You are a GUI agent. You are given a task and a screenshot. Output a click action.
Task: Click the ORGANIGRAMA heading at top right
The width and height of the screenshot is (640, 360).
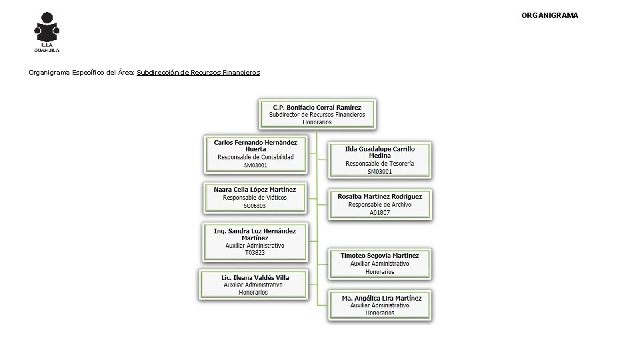(x=550, y=15)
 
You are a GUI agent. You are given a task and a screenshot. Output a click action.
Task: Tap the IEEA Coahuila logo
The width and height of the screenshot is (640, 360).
(x=47, y=31)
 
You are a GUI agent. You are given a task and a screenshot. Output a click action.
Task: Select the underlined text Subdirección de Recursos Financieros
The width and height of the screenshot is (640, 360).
(x=198, y=72)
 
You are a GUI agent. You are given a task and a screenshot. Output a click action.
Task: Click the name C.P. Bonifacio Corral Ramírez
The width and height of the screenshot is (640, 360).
(x=317, y=107)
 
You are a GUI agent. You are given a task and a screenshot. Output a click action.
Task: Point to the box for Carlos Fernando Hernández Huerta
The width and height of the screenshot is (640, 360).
(x=255, y=153)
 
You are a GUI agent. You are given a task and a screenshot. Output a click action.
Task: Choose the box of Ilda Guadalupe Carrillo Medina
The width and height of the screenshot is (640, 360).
(x=380, y=160)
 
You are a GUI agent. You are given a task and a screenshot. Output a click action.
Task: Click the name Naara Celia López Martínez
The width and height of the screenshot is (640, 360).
(x=255, y=189)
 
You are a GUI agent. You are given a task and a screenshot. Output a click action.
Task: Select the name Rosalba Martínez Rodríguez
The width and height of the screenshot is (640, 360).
(x=380, y=197)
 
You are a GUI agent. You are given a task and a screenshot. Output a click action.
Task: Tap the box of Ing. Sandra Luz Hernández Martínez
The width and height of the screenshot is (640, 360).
(x=255, y=241)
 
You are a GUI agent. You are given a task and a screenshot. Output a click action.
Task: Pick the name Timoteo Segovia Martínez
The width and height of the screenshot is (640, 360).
(x=380, y=255)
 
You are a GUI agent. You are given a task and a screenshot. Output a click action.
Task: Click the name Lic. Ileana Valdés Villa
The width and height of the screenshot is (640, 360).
(x=255, y=276)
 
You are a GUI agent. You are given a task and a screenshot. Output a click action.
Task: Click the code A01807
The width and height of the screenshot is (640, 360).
(x=380, y=213)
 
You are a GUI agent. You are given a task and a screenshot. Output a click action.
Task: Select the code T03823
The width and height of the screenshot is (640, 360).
(x=255, y=253)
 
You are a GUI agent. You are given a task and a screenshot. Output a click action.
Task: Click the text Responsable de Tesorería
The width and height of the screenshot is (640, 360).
(x=380, y=163)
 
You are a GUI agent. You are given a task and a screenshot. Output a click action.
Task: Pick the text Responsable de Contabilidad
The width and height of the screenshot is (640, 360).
(x=255, y=157)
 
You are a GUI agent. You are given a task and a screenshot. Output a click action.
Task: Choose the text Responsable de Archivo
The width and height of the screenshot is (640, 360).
(x=380, y=205)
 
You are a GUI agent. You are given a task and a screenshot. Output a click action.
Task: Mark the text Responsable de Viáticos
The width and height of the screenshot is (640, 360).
(x=255, y=197)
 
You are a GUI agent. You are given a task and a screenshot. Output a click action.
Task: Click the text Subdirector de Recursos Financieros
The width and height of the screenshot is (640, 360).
(x=317, y=115)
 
